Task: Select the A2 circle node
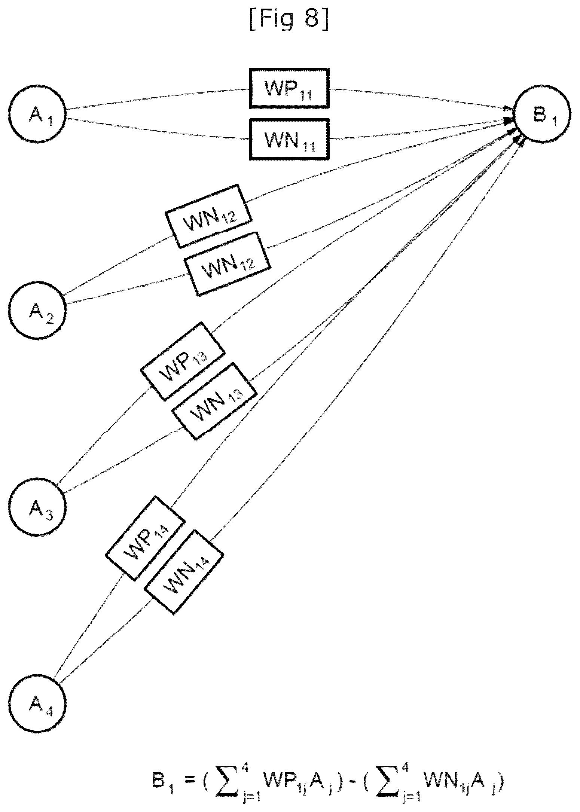click(x=37, y=310)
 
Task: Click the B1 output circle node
click(x=543, y=114)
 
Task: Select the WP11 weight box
click(x=289, y=88)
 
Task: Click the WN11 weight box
click(x=289, y=139)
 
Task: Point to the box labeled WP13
click(x=183, y=361)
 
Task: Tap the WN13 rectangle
click(x=214, y=401)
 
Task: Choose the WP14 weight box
click(x=145, y=538)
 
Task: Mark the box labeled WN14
click(x=184, y=572)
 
